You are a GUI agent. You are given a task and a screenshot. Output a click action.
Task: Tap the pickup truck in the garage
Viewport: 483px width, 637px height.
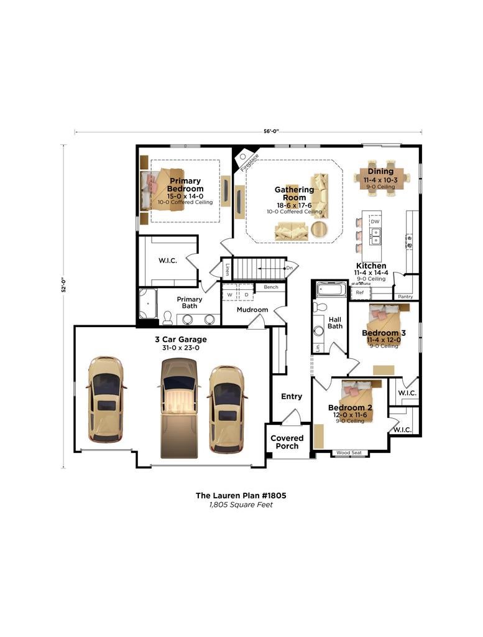point(179,408)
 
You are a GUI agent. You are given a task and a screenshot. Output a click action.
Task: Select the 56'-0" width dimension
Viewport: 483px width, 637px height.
point(272,131)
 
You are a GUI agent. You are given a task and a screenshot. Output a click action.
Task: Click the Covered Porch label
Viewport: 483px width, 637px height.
point(287,442)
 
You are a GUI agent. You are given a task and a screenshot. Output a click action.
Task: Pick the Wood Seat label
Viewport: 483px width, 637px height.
point(349,453)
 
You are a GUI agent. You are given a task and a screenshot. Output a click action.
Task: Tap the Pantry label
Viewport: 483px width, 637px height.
point(405,297)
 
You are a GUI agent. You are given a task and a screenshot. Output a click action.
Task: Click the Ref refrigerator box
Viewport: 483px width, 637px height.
point(360,292)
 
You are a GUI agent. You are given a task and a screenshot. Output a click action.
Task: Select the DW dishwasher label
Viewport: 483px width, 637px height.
point(375,221)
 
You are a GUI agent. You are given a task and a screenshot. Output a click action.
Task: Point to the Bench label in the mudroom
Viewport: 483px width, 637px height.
point(271,287)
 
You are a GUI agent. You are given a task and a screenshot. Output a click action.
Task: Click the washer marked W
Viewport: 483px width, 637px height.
point(230,294)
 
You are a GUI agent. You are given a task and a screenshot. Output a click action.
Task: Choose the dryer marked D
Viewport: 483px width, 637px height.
point(246,294)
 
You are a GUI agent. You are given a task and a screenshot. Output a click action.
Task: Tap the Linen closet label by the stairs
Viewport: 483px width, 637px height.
point(228,270)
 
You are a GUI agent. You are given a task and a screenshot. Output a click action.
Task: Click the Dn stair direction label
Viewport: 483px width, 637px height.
point(290,268)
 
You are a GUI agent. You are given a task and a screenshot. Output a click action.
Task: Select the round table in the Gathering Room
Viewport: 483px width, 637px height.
point(320,230)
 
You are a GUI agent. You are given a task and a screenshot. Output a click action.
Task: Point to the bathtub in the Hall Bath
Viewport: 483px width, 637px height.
point(330,290)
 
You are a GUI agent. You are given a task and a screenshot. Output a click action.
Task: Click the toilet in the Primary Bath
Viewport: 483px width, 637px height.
point(167,318)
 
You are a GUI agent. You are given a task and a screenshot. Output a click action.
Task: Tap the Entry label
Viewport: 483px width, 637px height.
point(292,396)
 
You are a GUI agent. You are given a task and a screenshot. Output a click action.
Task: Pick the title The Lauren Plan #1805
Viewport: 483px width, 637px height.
point(241,495)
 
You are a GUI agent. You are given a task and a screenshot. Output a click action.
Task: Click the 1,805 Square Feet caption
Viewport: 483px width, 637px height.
point(241,505)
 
